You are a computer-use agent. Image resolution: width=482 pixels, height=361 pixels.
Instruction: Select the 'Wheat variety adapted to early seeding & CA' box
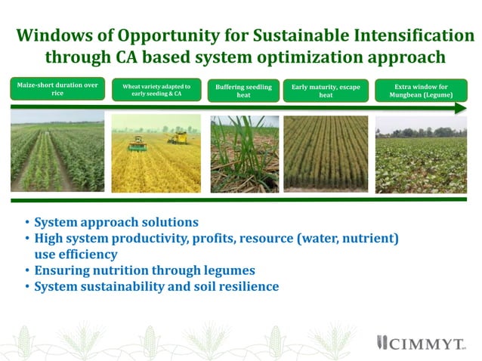156,91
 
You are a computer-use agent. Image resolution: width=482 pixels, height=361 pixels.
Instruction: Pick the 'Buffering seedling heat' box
243,91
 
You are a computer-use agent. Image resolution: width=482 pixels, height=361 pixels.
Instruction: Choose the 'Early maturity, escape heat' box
326,91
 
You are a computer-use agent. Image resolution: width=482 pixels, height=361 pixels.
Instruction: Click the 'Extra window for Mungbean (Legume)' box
421,91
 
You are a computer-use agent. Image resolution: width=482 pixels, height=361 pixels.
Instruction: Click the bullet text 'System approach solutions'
116,223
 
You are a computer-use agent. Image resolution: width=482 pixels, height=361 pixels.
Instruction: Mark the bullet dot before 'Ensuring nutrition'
27,271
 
